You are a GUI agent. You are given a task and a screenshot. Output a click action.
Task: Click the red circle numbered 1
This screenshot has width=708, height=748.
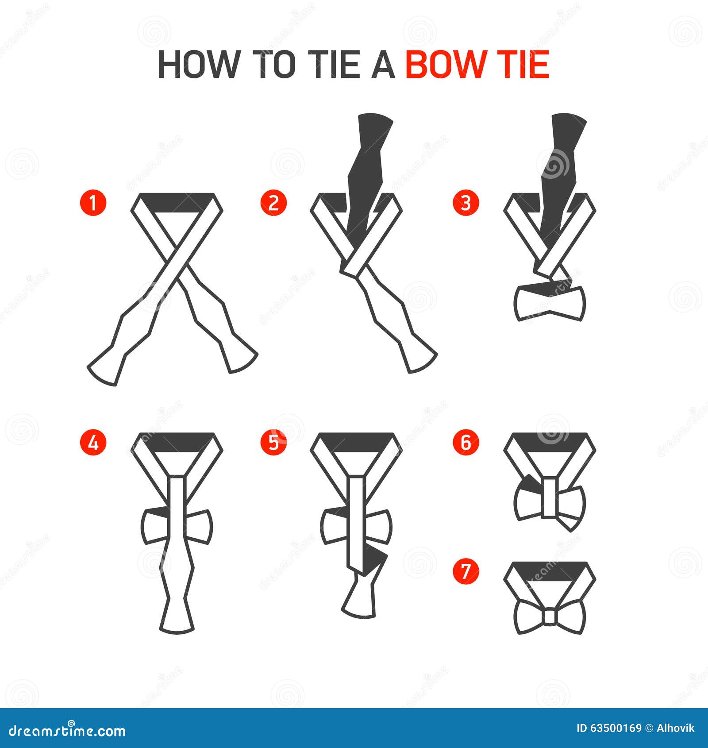pyautogui.click(x=93, y=203)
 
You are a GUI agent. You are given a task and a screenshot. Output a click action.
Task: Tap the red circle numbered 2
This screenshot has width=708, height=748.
pyautogui.click(x=274, y=203)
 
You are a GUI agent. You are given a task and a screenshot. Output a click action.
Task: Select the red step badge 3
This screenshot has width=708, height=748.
pyautogui.click(x=466, y=203)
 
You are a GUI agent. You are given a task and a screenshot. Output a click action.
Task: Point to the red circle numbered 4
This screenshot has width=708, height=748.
pyautogui.click(x=93, y=442)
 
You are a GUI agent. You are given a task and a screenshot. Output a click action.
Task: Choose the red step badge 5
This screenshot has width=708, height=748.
pyautogui.click(x=274, y=442)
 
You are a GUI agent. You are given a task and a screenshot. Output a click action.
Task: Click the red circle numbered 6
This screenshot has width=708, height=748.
pyautogui.click(x=466, y=442)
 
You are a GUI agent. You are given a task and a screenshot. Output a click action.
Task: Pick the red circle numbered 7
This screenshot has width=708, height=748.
pyautogui.click(x=466, y=571)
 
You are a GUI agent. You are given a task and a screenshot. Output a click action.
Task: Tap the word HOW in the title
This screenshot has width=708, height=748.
pyautogui.click(x=197, y=65)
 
